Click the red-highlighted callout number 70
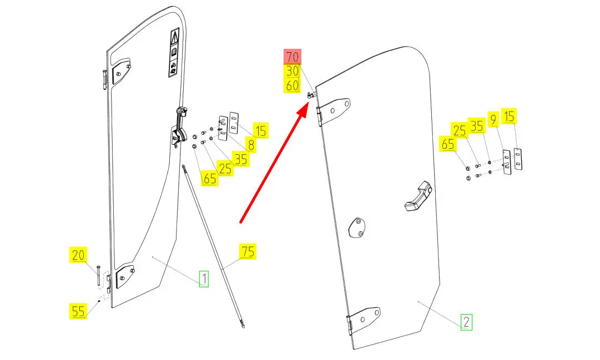click(293, 57)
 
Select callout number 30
click(293, 72)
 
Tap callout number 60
click(293, 86)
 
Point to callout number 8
click(251, 146)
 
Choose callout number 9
click(493, 118)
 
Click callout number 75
click(248, 251)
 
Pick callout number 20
click(79, 256)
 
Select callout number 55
click(79, 311)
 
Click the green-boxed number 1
click(204, 278)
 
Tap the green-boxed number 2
click(466, 322)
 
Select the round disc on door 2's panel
click(356, 228)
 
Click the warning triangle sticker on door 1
click(174, 38)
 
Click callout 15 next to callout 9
click(510, 116)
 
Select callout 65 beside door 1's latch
click(210, 179)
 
